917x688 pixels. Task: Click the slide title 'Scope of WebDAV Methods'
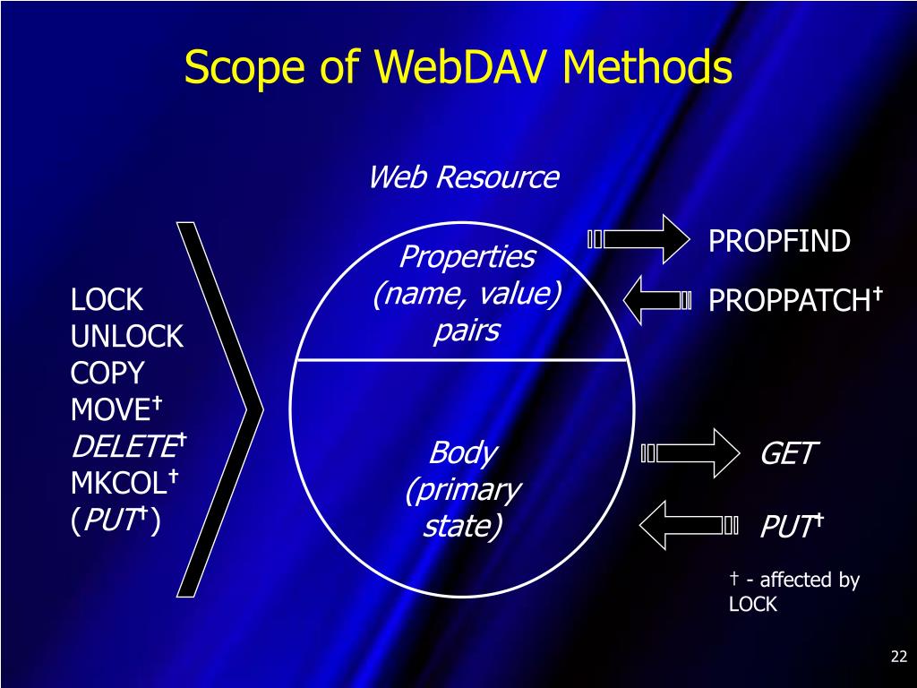point(458,68)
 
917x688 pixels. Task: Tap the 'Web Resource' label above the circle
point(463,177)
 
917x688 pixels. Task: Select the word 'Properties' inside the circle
point(467,258)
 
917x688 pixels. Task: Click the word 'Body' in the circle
point(462,452)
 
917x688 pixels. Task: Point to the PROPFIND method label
point(779,241)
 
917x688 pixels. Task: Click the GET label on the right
point(787,454)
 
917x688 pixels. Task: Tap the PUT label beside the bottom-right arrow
point(787,526)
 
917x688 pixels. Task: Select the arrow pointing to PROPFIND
point(641,239)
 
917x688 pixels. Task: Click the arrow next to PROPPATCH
point(657,301)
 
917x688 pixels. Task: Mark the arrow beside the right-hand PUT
point(690,524)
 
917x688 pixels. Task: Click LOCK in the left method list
point(107,299)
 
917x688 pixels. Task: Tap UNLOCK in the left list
point(127,337)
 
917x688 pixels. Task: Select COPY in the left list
point(107,374)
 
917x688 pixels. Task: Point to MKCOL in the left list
point(118,484)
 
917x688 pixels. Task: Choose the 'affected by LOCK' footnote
point(793,591)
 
